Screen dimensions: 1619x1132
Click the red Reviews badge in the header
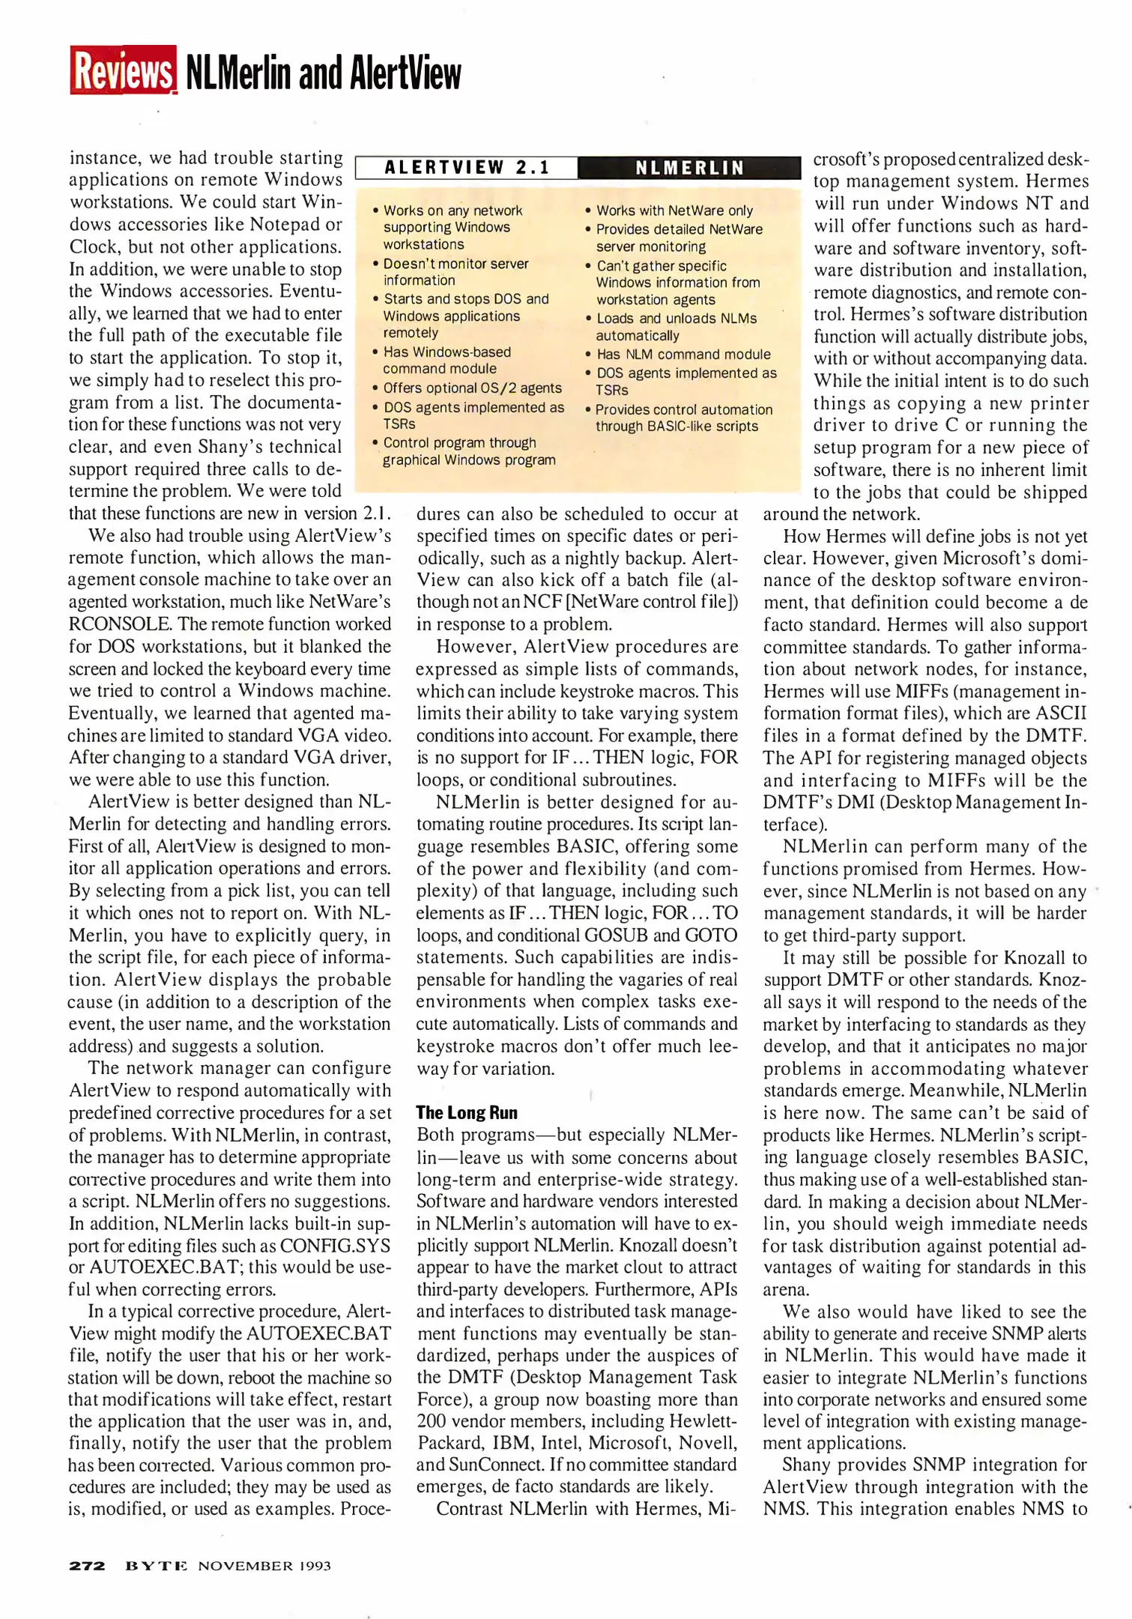click(123, 70)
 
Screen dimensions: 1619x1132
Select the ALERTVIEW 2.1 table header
click(467, 167)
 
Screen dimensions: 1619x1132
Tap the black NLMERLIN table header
click(689, 168)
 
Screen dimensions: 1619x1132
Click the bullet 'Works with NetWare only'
click(674, 211)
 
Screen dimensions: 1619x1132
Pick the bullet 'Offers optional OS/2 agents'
click(472, 388)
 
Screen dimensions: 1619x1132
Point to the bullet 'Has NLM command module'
click(682, 354)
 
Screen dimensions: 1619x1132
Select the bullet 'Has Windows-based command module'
click(447, 360)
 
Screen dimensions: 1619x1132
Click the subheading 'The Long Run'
click(466, 1112)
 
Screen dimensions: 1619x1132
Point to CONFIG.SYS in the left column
click(335, 1246)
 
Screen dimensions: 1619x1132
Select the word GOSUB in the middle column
click(619, 935)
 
